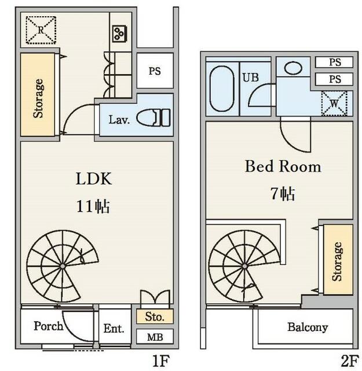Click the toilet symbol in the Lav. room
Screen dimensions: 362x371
[153, 118]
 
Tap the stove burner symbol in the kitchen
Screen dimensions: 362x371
[119, 34]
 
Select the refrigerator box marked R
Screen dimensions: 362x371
[41, 30]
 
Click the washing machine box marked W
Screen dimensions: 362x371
[334, 103]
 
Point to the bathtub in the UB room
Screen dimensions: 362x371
[222, 89]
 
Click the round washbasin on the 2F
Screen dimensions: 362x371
[293, 68]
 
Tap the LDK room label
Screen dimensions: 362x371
[94, 179]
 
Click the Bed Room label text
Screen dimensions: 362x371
[283, 166]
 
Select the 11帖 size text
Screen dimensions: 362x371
[93, 206]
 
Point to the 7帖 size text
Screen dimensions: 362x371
[283, 194]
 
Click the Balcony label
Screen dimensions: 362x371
[308, 327]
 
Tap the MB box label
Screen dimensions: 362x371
[155, 337]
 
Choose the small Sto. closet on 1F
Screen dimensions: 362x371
[155, 317]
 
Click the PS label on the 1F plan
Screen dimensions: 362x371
[155, 71]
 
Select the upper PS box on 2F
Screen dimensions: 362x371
[334, 62]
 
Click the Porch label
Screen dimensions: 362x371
[49, 326]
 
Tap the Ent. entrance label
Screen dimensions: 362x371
[114, 329]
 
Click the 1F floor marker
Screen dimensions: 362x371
[161, 361]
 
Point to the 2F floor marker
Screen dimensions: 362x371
[350, 361]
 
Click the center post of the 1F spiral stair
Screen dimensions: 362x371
[63, 267]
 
